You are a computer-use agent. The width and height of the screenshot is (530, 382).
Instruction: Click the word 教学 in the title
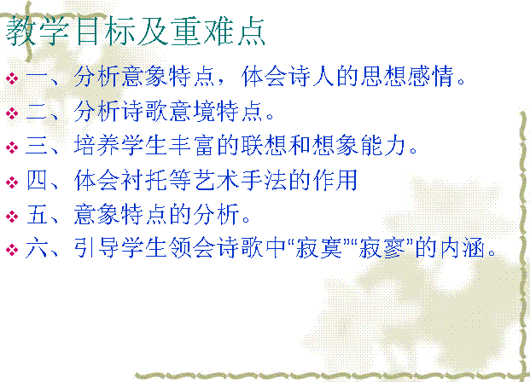tap(38, 32)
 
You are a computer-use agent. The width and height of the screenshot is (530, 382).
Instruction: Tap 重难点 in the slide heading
tap(218, 32)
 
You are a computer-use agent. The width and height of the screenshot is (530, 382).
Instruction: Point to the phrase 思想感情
tap(406, 77)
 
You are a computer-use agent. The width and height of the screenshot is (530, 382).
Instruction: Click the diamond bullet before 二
tap(12, 113)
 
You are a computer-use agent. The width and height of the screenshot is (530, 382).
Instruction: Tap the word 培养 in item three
tap(96, 146)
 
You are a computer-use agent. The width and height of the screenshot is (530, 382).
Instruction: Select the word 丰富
tap(192, 146)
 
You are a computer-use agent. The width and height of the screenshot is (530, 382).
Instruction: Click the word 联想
tap(264, 146)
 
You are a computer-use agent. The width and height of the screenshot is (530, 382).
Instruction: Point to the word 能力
tap(383, 146)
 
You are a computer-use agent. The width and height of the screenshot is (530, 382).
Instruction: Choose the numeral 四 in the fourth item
tap(36, 180)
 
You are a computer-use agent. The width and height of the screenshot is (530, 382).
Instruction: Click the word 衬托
tap(144, 180)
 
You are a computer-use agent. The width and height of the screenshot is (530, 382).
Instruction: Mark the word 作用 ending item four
tap(335, 180)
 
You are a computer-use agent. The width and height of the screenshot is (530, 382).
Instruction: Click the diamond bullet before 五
tap(12, 217)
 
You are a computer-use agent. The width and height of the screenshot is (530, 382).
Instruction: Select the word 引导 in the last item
tap(96, 247)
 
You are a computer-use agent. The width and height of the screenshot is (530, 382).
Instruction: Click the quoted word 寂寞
tap(318, 247)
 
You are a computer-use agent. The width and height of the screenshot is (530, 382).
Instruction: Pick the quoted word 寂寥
tap(382, 247)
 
